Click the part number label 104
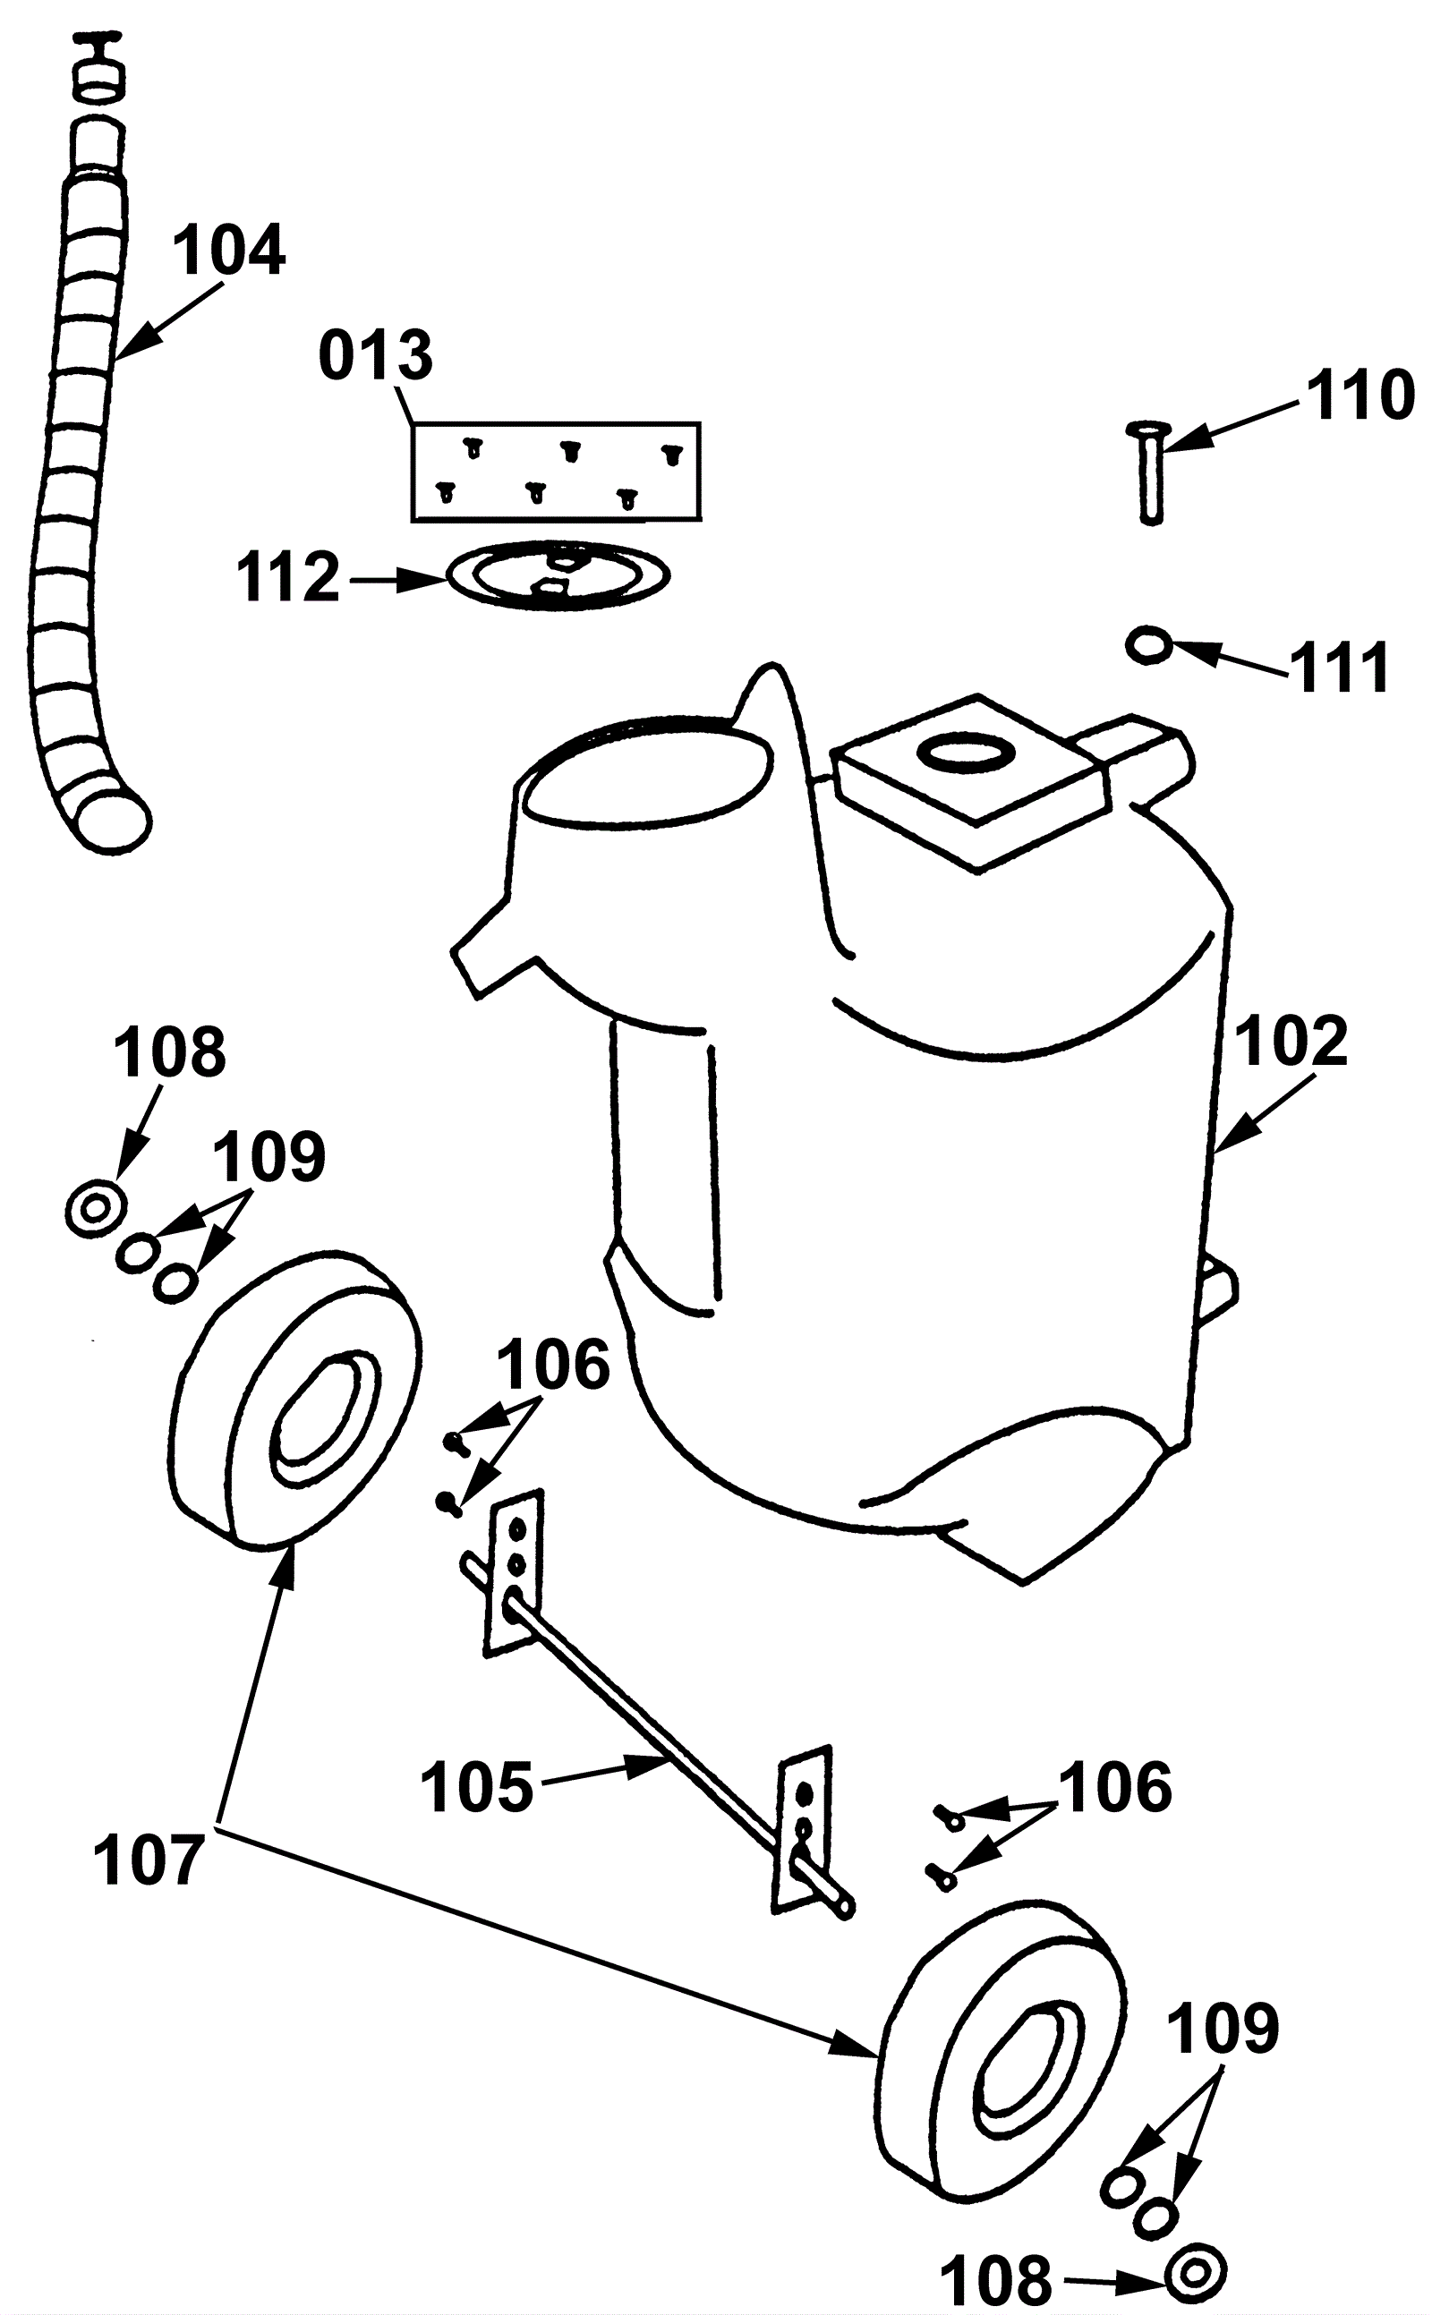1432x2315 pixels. point(229,250)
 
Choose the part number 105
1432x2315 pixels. point(476,1788)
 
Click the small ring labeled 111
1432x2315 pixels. point(1150,645)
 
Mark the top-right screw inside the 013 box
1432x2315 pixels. point(671,455)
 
